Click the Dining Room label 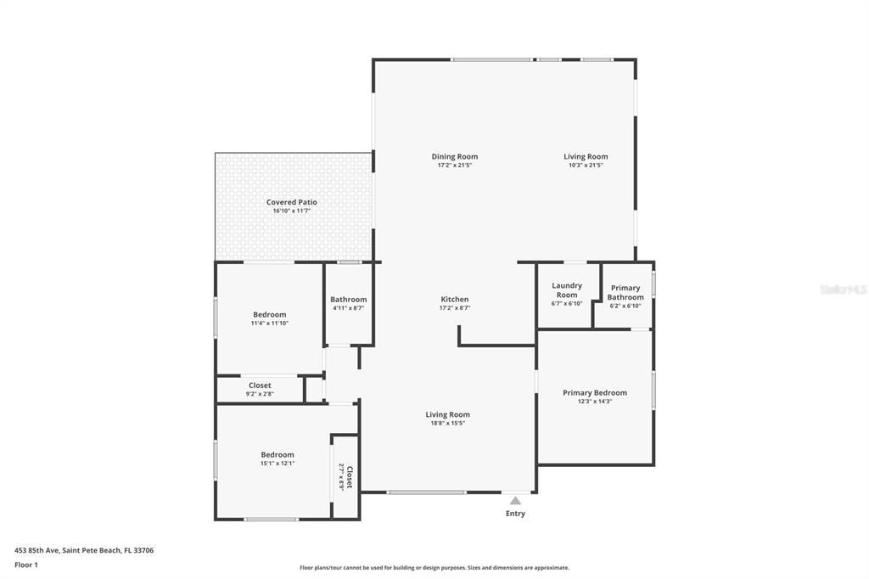(x=454, y=156)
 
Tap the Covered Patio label (x=291, y=202)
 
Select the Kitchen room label (x=454, y=299)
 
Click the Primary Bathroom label (x=625, y=293)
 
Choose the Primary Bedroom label (x=595, y=393)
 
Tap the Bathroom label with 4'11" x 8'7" (x=348, y=299)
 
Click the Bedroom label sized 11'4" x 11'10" (x=269, y=314)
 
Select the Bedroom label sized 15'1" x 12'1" (x=277, y=455)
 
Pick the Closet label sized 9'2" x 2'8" (x=260, y=385)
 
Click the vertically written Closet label (x=349, y=476)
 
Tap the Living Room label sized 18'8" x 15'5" (x=447, y=414)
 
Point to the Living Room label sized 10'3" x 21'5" (x=586, y=156)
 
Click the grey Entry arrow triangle (x=515, y=501)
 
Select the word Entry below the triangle (x=515, y=514)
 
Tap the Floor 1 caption (x=26, y=564)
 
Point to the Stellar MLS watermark (x=843, y=289)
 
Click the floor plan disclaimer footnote (x=434, y=568)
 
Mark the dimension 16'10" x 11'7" (x=291, y=211)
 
